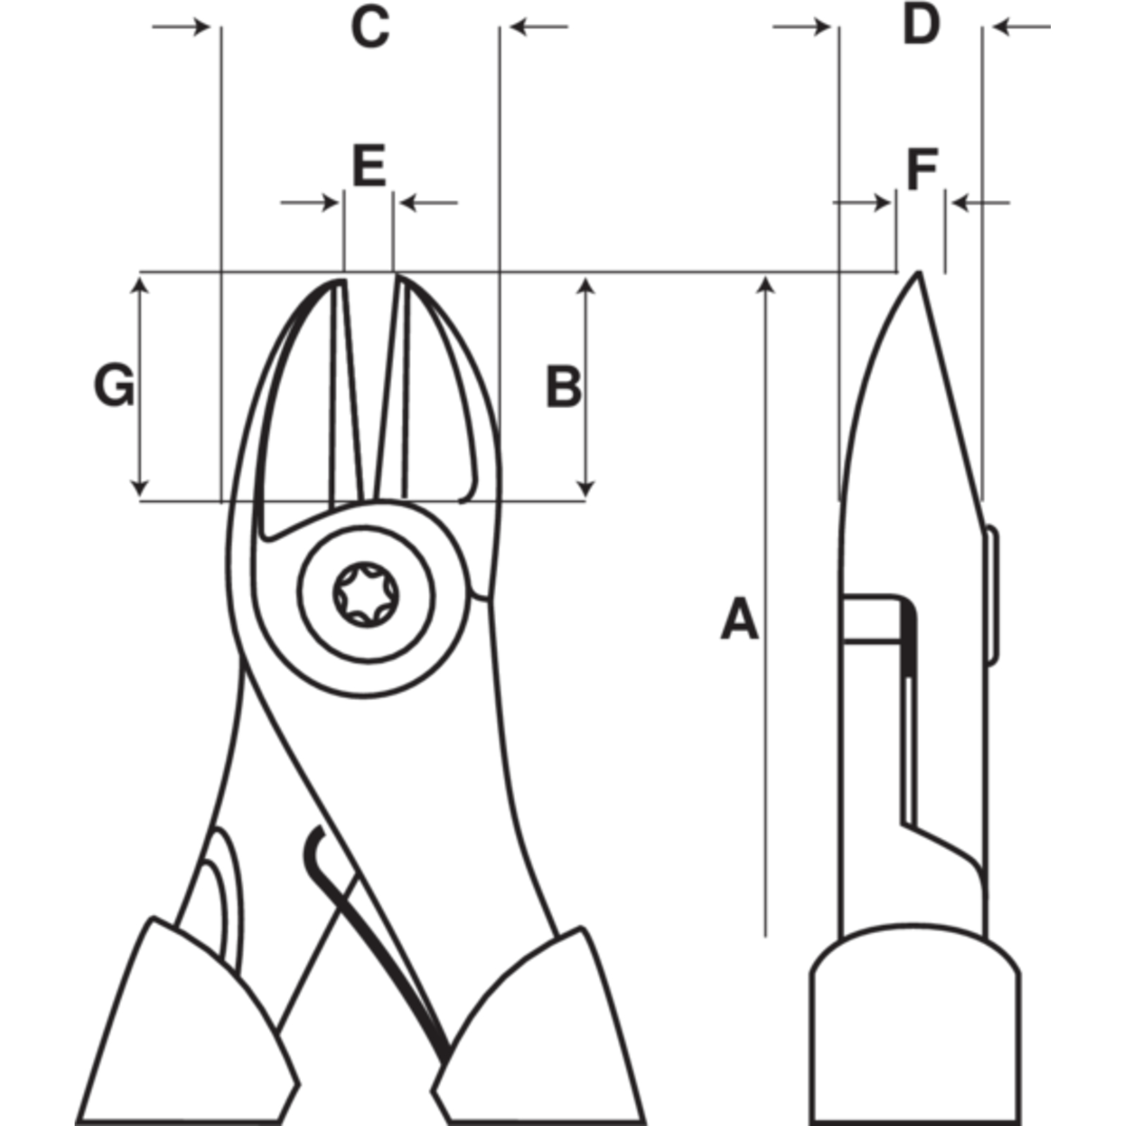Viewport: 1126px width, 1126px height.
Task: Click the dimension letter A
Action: pyautogui.click(x=740, y=619)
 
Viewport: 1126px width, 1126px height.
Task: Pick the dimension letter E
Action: pyautogui.click(x=369, y=166)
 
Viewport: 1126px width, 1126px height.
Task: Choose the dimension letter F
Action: pyautogui.click(x=922, y=170)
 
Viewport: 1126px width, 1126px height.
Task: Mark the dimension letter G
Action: pyautogui.click(x=114, y=386)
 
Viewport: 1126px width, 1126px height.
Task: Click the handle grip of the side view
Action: pyautogui.click(x=915, y=1025)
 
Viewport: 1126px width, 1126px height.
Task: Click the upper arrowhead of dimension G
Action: pyautogui.click(x=140, y=285)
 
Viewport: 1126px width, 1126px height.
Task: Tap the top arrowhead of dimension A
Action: pyautogui.click(x=766, y=286)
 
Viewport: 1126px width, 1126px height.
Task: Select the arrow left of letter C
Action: pyautogui.click(x=182, y=27)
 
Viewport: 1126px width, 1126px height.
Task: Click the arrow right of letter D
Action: pyautogui.click(x=1021, y=27)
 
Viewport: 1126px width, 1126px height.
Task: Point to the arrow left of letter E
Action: pyautogui.click(x=310, y=203)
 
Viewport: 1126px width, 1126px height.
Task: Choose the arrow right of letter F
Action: pyautogui.click(x=980, y=203)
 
